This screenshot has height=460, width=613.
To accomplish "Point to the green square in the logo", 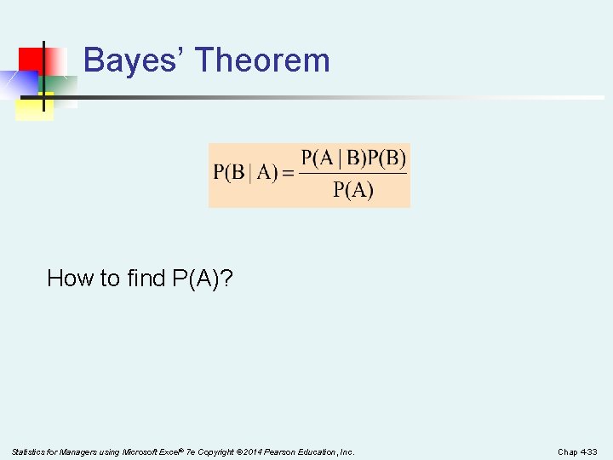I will (x=60, y=85).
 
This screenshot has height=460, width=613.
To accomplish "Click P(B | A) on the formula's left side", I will (x=245, y=173).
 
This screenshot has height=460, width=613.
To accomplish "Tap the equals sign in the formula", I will (x=288, y=173).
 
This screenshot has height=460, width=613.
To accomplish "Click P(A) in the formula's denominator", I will (x=353, y=189).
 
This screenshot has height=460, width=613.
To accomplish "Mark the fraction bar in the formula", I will (x=353, y=174).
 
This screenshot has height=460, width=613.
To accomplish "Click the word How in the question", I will (x=67, y=278).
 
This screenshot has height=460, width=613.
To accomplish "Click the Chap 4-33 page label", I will (x=577, y=451).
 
